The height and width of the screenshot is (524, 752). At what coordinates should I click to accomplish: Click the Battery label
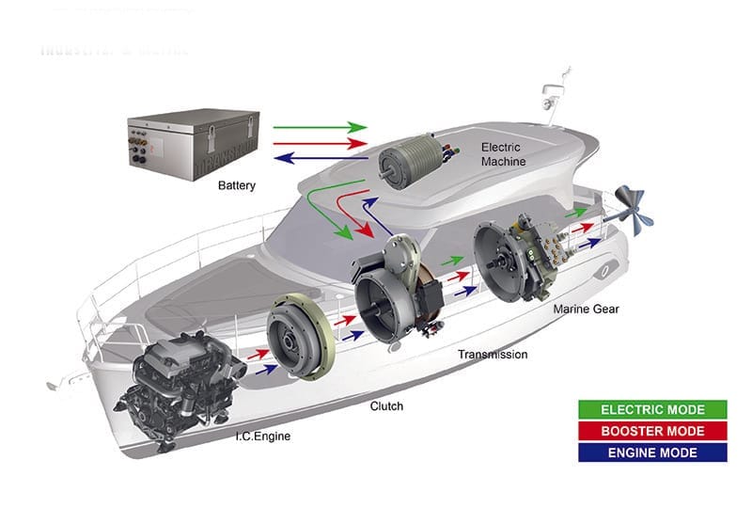pos(236,185)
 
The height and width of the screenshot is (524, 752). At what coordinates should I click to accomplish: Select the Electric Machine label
pos(503,154)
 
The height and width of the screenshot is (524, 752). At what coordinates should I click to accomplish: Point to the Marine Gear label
pos(586,309)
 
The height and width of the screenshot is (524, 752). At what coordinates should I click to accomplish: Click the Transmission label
pos(492,355)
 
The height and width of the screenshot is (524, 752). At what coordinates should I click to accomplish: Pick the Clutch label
pos(386,406)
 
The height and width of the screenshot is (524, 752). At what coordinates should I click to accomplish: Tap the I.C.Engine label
pos(263,437)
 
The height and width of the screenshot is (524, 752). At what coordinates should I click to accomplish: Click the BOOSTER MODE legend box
pos(652,432)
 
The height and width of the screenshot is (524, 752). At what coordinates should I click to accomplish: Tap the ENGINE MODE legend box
pos(652,453)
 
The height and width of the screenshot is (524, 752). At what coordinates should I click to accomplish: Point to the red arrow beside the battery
pos(320,143)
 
